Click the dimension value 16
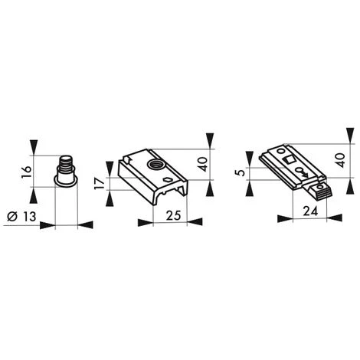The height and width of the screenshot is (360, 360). click(27, 172)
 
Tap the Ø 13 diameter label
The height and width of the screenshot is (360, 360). click(21, 217)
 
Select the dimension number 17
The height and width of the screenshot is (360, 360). click(100, 184)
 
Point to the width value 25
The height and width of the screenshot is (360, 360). click(173, 215)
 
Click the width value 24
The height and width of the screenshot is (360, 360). click(310, 211)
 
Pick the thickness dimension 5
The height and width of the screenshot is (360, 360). click(241, 173)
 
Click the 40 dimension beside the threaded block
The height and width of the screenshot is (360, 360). click(203, 164)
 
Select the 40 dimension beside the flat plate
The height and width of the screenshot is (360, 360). click(341, 160)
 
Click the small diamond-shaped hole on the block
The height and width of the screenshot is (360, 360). click(167, 179)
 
